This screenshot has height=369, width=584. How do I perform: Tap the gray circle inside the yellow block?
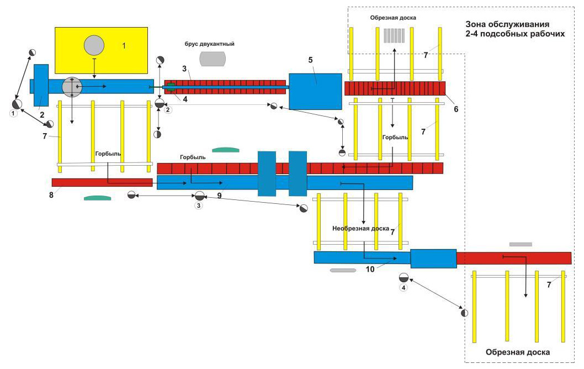point(94,45)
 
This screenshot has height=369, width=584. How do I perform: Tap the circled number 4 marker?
point(404,288)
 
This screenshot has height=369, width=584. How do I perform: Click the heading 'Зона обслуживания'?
point(508,24)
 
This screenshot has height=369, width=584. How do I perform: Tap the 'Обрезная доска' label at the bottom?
point(518,351)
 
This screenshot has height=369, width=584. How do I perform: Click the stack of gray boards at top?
point(394,36)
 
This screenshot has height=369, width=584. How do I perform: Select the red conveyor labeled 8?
point(102,182)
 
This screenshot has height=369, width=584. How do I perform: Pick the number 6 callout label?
point(456,109)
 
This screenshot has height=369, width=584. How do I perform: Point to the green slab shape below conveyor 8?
point(98,197)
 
